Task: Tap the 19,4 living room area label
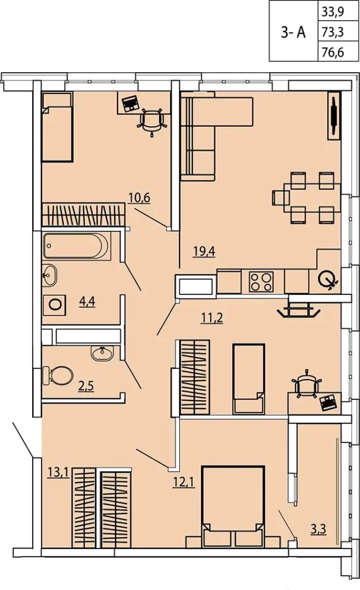204,251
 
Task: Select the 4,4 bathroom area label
87,301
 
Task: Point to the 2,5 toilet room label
86,386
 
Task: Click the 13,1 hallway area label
59,472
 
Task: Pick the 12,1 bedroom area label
184,482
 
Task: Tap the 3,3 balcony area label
319,530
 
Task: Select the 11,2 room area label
212,318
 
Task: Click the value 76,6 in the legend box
333,52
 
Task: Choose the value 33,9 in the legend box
333,13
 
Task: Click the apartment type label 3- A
293,33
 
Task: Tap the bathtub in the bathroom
77,246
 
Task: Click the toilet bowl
58,376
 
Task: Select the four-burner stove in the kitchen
261,281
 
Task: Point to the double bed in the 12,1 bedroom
233,506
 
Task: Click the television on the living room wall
334,116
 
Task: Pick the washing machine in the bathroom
55,305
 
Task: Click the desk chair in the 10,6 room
151,120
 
